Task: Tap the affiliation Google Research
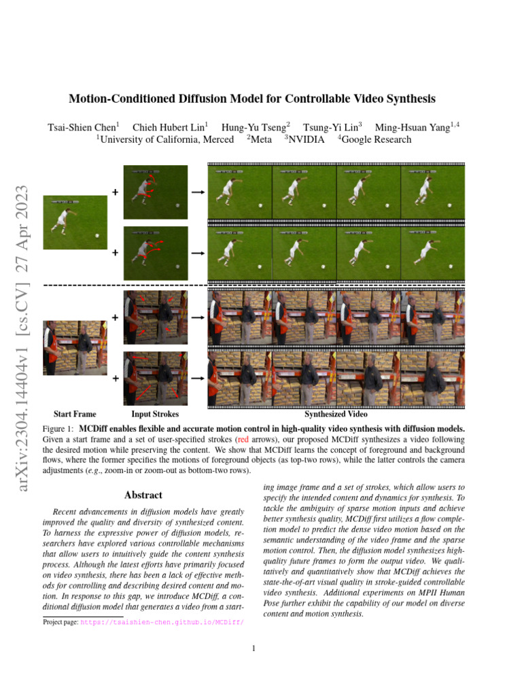(x=376, y=139)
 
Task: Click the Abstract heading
(x=143, y=495)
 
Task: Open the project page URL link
(x=162, y=622)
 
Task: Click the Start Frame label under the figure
(x=75, y=414)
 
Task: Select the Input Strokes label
(x=155, y=414)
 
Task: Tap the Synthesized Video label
(x=336, y=414)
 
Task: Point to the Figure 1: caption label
(x=58, y=429)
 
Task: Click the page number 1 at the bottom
(x=254, y=648)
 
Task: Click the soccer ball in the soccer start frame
(x=97, y=236)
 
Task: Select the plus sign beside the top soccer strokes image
(x=115, y=193)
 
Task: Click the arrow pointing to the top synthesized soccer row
(x=198, y=193)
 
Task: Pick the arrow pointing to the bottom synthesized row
(x=198, y=378)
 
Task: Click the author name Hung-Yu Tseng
(x=256, y=127)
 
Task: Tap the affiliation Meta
(x=261, y=139)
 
